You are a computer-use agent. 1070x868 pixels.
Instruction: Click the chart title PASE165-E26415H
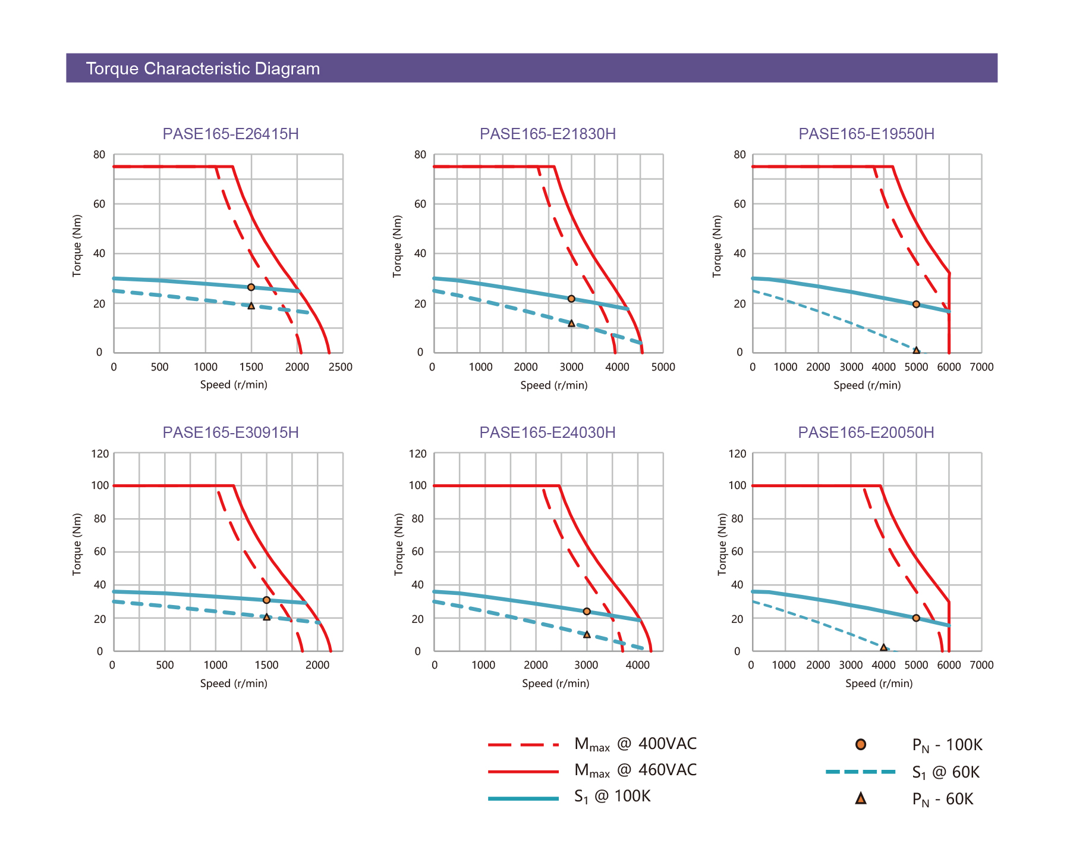pyautogui.click(x=231, y=134)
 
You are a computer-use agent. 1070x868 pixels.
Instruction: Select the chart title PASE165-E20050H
pyautogui.click(x=866, y=433)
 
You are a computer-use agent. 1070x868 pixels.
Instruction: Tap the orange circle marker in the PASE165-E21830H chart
pyautogui.click(x=571, y=299)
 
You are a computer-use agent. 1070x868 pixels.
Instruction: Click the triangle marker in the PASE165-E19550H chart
pyautogui.click(x=916, y=350)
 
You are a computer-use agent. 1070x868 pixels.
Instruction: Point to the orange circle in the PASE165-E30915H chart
pyautogui.click(x=266, y=600)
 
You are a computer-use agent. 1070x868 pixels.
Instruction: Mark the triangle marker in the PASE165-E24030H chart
pyautogui.click(x=587, y=635)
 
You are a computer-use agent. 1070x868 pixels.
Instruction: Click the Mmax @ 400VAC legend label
pyautogui.click(x=635, y=744)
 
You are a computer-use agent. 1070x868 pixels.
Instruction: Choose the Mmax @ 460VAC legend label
pyautogui.click(x=635, y=770)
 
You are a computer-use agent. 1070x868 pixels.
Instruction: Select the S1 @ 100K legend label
pyautogui.click(x=612, y=797)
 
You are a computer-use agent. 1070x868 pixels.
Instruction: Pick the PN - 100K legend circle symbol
pyautogui.click(x=861, y=744)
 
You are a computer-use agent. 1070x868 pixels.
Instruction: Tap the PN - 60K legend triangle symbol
pyautogui.click(x=861, y=798)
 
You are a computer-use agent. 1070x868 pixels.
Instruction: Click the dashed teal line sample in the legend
pyautogui.click(x=861, y=772)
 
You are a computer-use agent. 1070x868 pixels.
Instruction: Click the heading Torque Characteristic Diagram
pyautogui.click(x=203, y=68)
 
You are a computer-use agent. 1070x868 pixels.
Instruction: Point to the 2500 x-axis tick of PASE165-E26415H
pyautogui.click(x=341, y=367)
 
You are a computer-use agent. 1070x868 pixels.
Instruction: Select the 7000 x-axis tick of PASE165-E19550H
pyautogui.click(x=981, y=367)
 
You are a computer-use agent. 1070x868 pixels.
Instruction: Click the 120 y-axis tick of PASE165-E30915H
pyautogui.click(x=100, y=454)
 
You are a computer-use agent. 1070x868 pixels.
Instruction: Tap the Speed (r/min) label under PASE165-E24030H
pyautogui.click(x=556, y=684)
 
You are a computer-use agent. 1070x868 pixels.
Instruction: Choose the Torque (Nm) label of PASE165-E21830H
pyautogui.click(x=397, y=246)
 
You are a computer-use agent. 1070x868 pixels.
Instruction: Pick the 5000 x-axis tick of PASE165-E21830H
pyautogui.click(x=663, y=367)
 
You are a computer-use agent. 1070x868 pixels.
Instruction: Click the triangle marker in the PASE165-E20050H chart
pyautogui.click(x=883, y=647)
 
